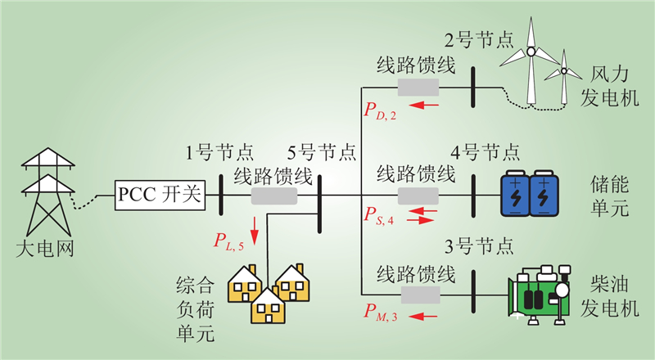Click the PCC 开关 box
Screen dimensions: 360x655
click(x=158, y=196)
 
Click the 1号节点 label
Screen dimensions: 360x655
click(x=219, y=152)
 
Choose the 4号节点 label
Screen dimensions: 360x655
click(x=485, y=152)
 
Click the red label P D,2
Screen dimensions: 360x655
click(x=380, y=108)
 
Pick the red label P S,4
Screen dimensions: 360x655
click(x=379, y=217)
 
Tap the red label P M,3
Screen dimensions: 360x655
click(x=381, y=311)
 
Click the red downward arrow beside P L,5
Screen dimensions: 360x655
click(x=255, y=229)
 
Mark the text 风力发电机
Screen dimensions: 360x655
click(x=608, y=86)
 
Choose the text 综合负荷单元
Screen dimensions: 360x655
click(x=196, y=311)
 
